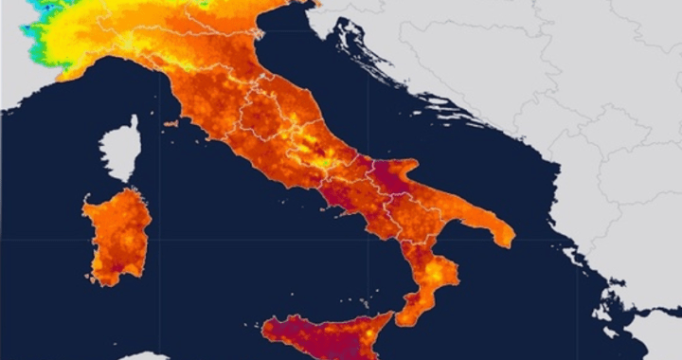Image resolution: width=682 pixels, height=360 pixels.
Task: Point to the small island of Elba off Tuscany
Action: coord(170,123)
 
